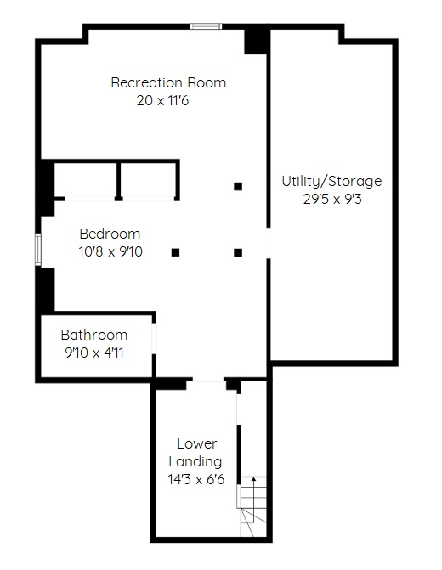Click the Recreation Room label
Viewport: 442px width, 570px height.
[x=168, y=82]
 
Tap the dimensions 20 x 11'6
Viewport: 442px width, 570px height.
[x=162, y=100]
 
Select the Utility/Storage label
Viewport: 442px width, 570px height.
[x=331, y=181]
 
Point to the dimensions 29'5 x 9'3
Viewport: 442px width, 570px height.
[x=332, y=199]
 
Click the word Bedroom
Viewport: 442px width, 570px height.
[x=110, y=234]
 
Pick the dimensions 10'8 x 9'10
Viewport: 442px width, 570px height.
[x=110, y=251]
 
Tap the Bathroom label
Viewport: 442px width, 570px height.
[x=94, y=335]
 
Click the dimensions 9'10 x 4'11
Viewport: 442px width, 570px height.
[x=94, y=353]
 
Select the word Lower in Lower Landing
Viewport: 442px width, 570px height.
[x=197, y=443]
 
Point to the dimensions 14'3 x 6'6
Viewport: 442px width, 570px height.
[x=196, y=479]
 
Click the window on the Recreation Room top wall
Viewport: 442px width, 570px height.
[x=206, y=26]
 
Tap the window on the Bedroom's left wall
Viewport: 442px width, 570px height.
[x=38, y=250]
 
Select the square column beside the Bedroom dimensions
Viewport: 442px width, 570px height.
[x=175, y=252]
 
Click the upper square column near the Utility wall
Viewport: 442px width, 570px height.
[x=238, y=187]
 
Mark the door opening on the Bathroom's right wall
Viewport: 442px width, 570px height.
[x=154, y=338]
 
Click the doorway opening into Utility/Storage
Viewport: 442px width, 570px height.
[x=269, y=243]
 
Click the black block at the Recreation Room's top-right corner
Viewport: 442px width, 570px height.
[x=257, y=42]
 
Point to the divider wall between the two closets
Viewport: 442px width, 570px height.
[x=119, y=180]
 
